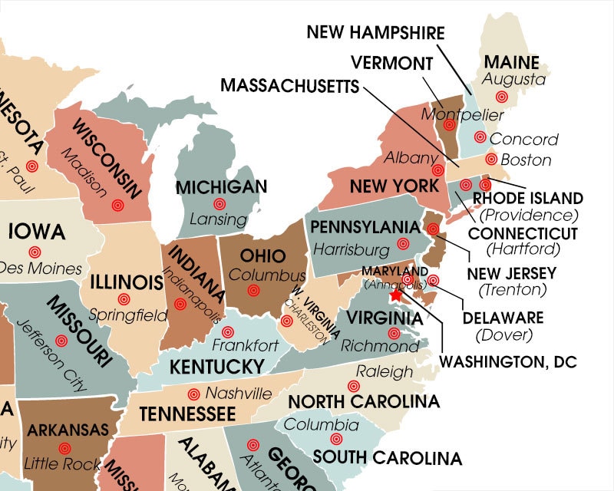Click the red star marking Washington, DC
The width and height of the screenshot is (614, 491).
[x=396, y=295]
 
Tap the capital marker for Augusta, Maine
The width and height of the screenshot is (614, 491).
[x=502, y=97]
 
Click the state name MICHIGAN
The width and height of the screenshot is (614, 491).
[x=221, y=186]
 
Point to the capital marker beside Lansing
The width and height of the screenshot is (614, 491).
[x=220, y=204]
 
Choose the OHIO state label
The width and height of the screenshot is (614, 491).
[x=262, y=256]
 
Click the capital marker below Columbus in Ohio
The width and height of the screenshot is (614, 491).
[x=254, y=291]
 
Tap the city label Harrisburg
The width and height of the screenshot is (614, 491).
[x=352, y=249]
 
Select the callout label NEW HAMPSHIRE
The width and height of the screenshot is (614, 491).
[x=375, y=32]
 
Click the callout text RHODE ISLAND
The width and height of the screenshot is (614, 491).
[x=527, y=199]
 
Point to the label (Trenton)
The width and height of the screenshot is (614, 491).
[x=512, y=289]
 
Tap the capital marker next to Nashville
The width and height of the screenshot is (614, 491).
[x=193, y=394]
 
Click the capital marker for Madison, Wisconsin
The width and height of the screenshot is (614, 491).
[x=117, y=205]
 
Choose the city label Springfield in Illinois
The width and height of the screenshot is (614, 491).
[x=127, y=315]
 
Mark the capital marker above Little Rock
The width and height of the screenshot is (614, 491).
[x=64, y=447]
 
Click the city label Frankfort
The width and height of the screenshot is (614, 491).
[x=246, y=346]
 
